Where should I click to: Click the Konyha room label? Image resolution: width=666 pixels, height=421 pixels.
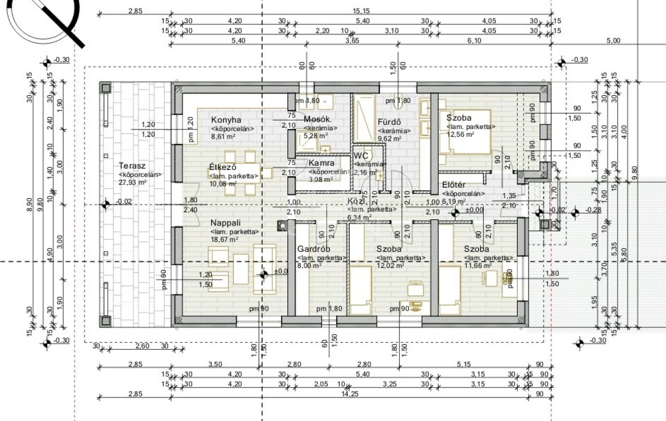[226, 120]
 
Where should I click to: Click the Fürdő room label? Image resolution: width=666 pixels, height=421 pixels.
[389, 122]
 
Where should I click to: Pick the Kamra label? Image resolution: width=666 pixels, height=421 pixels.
[321, 163]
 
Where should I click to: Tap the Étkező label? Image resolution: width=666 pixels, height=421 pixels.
[223, 167]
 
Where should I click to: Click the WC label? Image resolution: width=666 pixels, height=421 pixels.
[361, 155]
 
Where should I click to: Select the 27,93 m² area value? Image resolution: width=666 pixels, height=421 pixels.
[133, 183]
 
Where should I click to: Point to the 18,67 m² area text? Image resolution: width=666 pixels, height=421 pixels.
[224, 240]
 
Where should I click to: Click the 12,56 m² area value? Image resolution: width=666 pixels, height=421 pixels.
[460, 135]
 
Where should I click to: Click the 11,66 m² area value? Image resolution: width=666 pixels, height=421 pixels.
[478, 266]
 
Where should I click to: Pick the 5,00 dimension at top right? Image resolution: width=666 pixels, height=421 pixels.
[613, 41]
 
